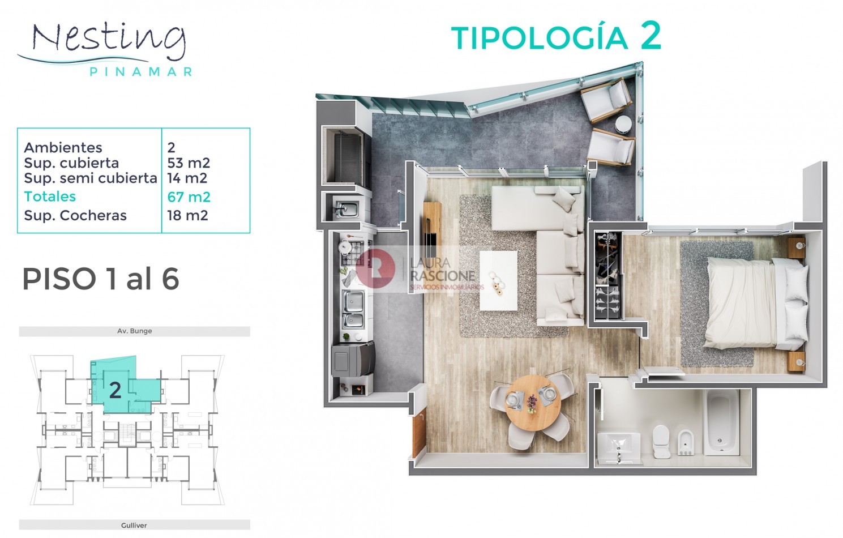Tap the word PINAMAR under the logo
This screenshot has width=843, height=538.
141,72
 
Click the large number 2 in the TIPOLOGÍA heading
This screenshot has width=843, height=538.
651,36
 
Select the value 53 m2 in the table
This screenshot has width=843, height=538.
189,163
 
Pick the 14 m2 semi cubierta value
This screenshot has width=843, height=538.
187,178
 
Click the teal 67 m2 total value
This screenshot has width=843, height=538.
189,197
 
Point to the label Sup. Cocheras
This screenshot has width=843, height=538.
75,216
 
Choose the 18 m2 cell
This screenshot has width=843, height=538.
187,215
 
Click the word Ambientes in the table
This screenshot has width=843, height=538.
63,148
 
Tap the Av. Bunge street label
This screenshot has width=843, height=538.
134,331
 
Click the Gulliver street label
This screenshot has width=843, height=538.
134,525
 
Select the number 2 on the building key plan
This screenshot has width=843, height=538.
115,390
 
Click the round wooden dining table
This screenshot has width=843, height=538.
533,403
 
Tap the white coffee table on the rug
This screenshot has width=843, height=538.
498,281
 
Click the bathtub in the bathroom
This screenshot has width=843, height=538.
721,422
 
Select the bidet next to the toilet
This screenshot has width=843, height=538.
686,443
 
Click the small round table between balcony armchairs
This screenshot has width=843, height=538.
623,124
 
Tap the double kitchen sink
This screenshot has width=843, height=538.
353,309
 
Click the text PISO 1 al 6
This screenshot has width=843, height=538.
101,279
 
